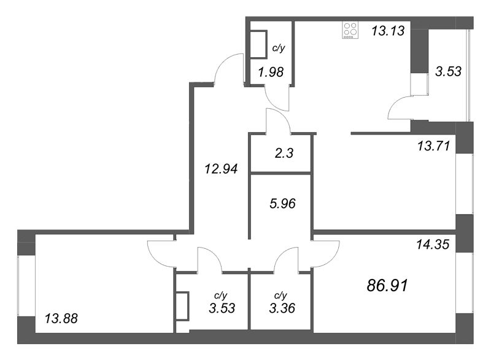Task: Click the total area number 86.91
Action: tap(387, 285)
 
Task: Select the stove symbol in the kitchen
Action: tap(350, 31)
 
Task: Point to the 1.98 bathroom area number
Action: tap(271, 72)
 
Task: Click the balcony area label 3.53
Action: tap(448, 71)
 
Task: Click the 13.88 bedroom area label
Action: tap(61, 318)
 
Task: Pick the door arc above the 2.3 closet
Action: tap(277, 120)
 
